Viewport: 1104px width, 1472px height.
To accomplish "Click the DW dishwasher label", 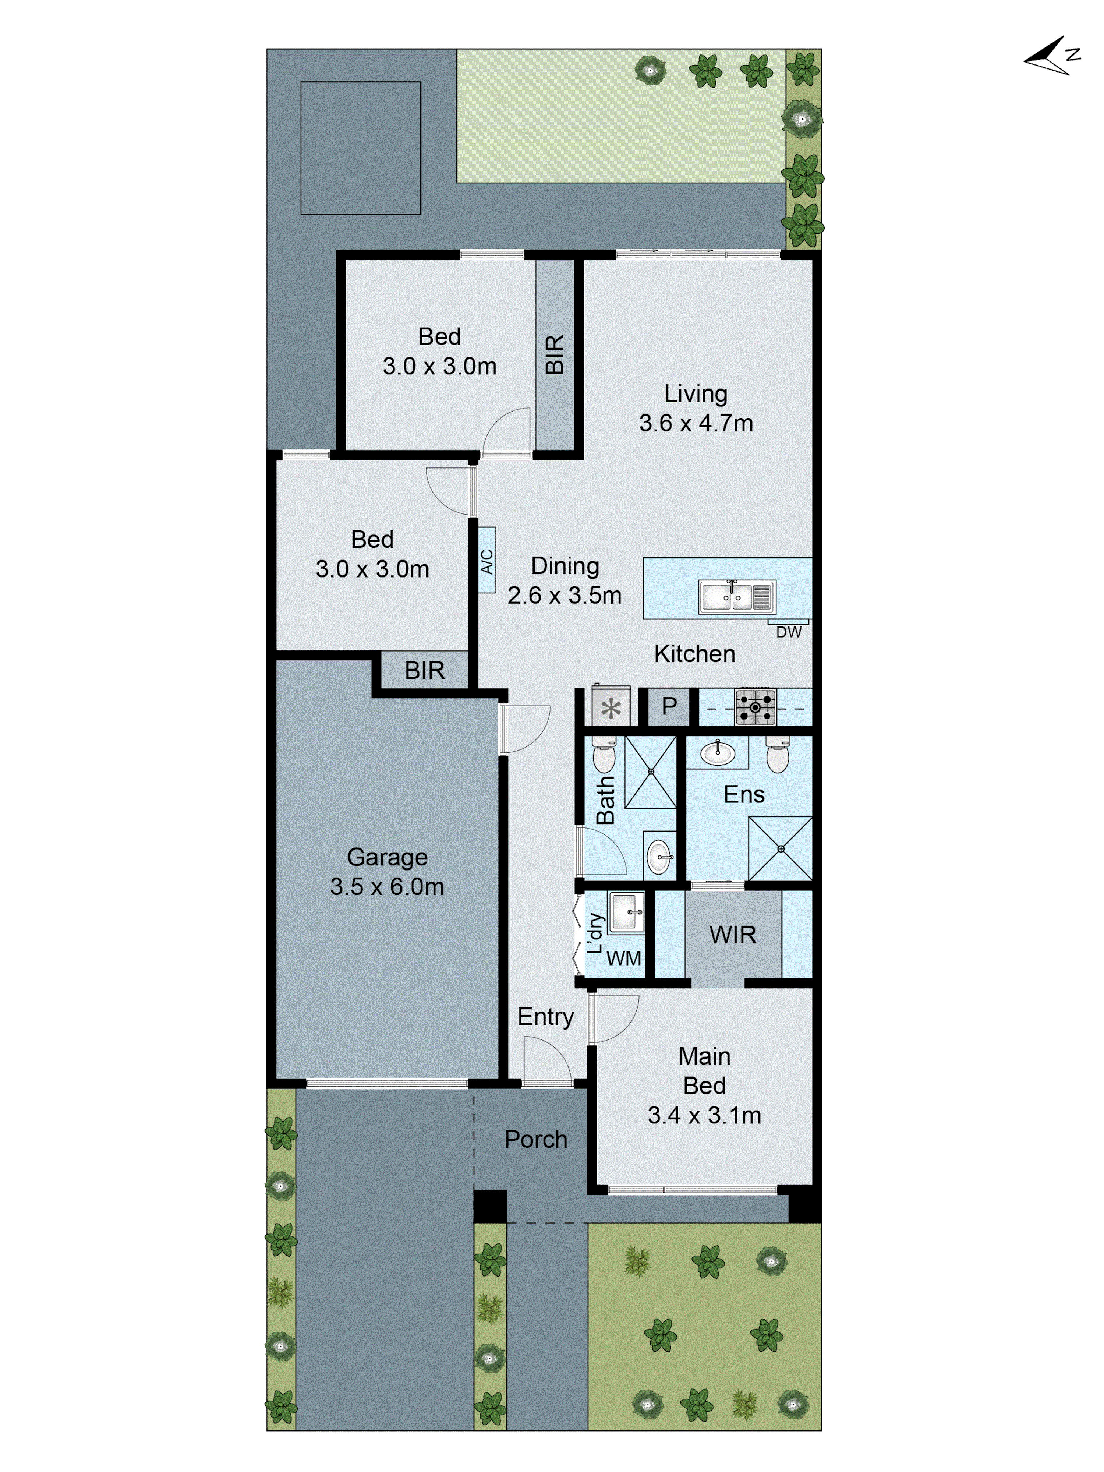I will coord(789,632).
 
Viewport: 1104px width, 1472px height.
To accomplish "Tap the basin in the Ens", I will coord(717,753).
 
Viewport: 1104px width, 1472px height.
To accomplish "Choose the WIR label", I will coord(733,935).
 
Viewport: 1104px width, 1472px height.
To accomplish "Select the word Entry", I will coord(546,1017).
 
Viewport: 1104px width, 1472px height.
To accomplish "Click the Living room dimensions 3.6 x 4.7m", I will coord(696,423).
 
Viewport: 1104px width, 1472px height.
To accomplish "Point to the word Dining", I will coord(565,566).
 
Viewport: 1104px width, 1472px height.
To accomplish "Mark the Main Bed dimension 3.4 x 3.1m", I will coord(704,1115).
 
